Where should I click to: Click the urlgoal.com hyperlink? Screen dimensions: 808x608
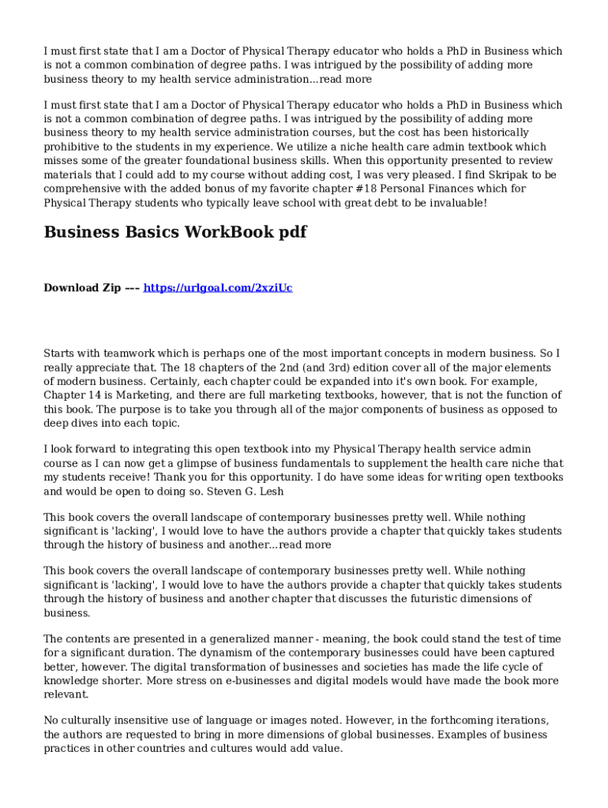click(217, 288)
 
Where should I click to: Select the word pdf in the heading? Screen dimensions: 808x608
click(287, 232)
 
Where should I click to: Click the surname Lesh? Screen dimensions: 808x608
click(268, 492)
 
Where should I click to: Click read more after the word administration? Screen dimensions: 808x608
click(346, 79)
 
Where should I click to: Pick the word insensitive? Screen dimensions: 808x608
click(138, 721)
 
